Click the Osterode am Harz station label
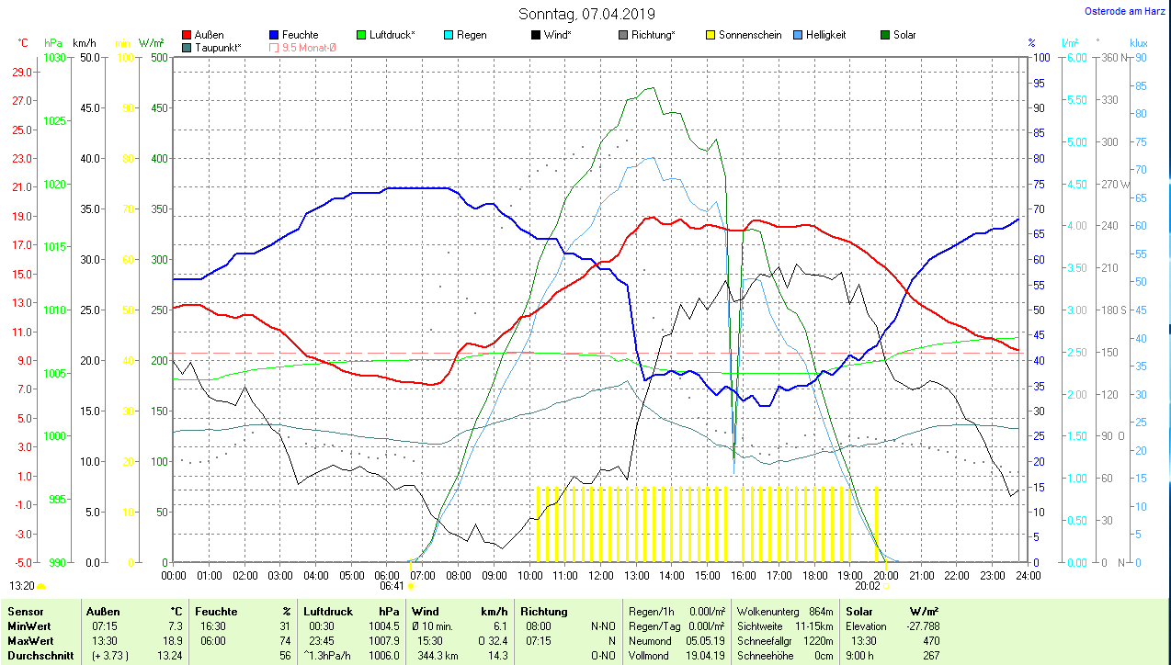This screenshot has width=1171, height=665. point(1124,12)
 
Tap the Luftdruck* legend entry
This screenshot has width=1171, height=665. point(392,35)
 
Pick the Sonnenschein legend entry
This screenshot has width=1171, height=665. point(749,35)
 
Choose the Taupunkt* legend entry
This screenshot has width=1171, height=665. point(218,47)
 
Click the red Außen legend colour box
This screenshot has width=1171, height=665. point(187,35)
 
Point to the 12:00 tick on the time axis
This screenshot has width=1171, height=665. point(600,575)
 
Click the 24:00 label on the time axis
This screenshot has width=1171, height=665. point(1027,575)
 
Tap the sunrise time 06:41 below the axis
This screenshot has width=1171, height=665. point(392,585)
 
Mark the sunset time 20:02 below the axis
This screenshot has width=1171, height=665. point(867,585)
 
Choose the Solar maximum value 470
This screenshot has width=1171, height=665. point(930,640)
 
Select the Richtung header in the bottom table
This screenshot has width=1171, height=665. point(544,612)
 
